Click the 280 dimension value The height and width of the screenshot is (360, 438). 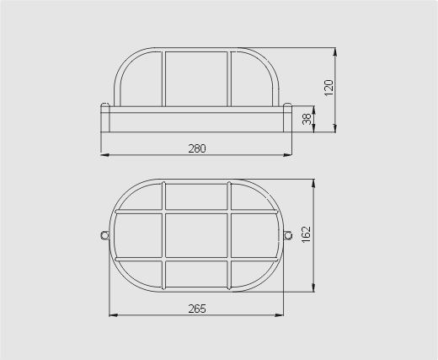click(x=197, y=148)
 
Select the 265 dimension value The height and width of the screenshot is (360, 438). click(x=197, y=309)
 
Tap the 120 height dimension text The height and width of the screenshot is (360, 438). click(x=328, y=88)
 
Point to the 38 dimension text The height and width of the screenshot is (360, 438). click(x=307, y=119)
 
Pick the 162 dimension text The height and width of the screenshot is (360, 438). click(x=307, y=234)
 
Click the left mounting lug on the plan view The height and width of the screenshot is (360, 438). click(x=105, y=235)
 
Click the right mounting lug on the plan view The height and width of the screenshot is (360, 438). click(x=288, y=235)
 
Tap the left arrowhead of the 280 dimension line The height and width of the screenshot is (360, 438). click(x=104, y=154)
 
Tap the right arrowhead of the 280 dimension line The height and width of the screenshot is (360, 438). click(x=288, y=154)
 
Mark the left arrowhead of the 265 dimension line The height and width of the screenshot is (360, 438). click(x=113, y=315)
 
